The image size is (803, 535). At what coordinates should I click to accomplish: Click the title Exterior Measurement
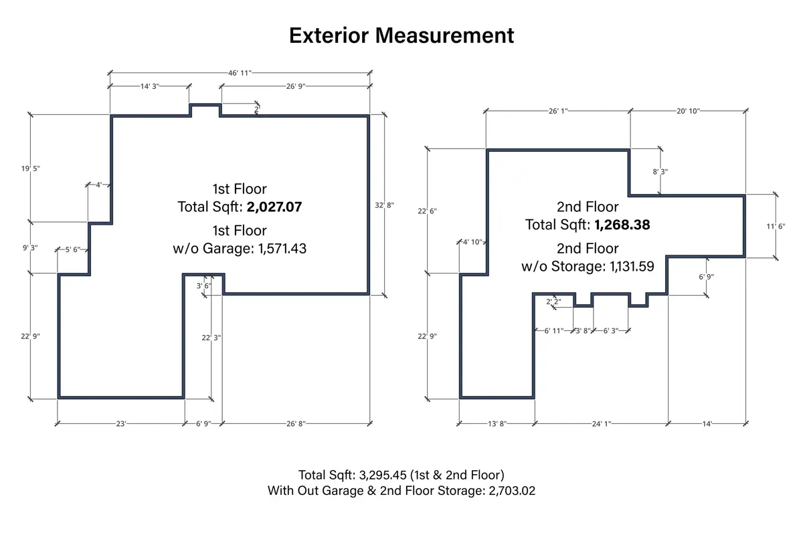(x=401, y=35)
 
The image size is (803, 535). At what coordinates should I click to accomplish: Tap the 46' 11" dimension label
(x=240, y=73)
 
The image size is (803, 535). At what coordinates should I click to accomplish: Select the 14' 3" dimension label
(x=149, y=86)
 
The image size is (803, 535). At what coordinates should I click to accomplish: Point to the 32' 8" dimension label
(x=384, y=205)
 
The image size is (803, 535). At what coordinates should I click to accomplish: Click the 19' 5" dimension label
(x=31, y=169)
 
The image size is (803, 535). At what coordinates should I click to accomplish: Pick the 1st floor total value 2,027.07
(x=274, y=207)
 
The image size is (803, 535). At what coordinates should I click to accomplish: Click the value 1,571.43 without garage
(x=282, y=249)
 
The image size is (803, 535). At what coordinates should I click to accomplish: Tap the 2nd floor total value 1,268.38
(x=622, y=225)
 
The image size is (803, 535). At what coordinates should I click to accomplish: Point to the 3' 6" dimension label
(x=203, y=286)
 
